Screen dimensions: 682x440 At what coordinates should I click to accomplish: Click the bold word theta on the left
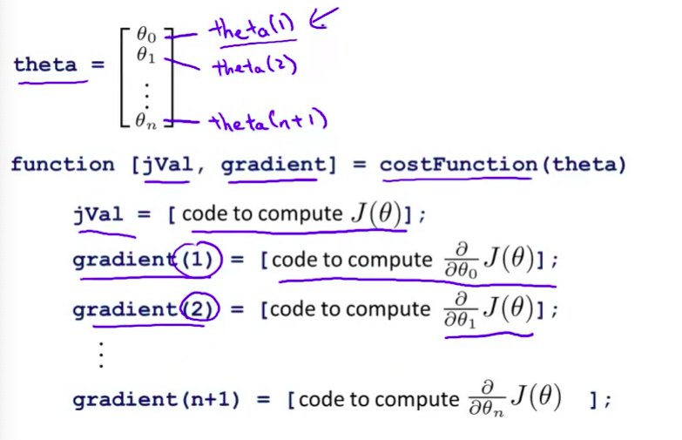click(45, 65)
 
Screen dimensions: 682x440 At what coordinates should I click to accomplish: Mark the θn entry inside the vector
click(145, 123)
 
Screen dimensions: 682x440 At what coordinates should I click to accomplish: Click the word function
click(62, 165)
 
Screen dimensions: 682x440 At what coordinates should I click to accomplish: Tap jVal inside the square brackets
click(165, 165)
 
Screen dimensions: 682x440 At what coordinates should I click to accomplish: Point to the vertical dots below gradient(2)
click(101, 355)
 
